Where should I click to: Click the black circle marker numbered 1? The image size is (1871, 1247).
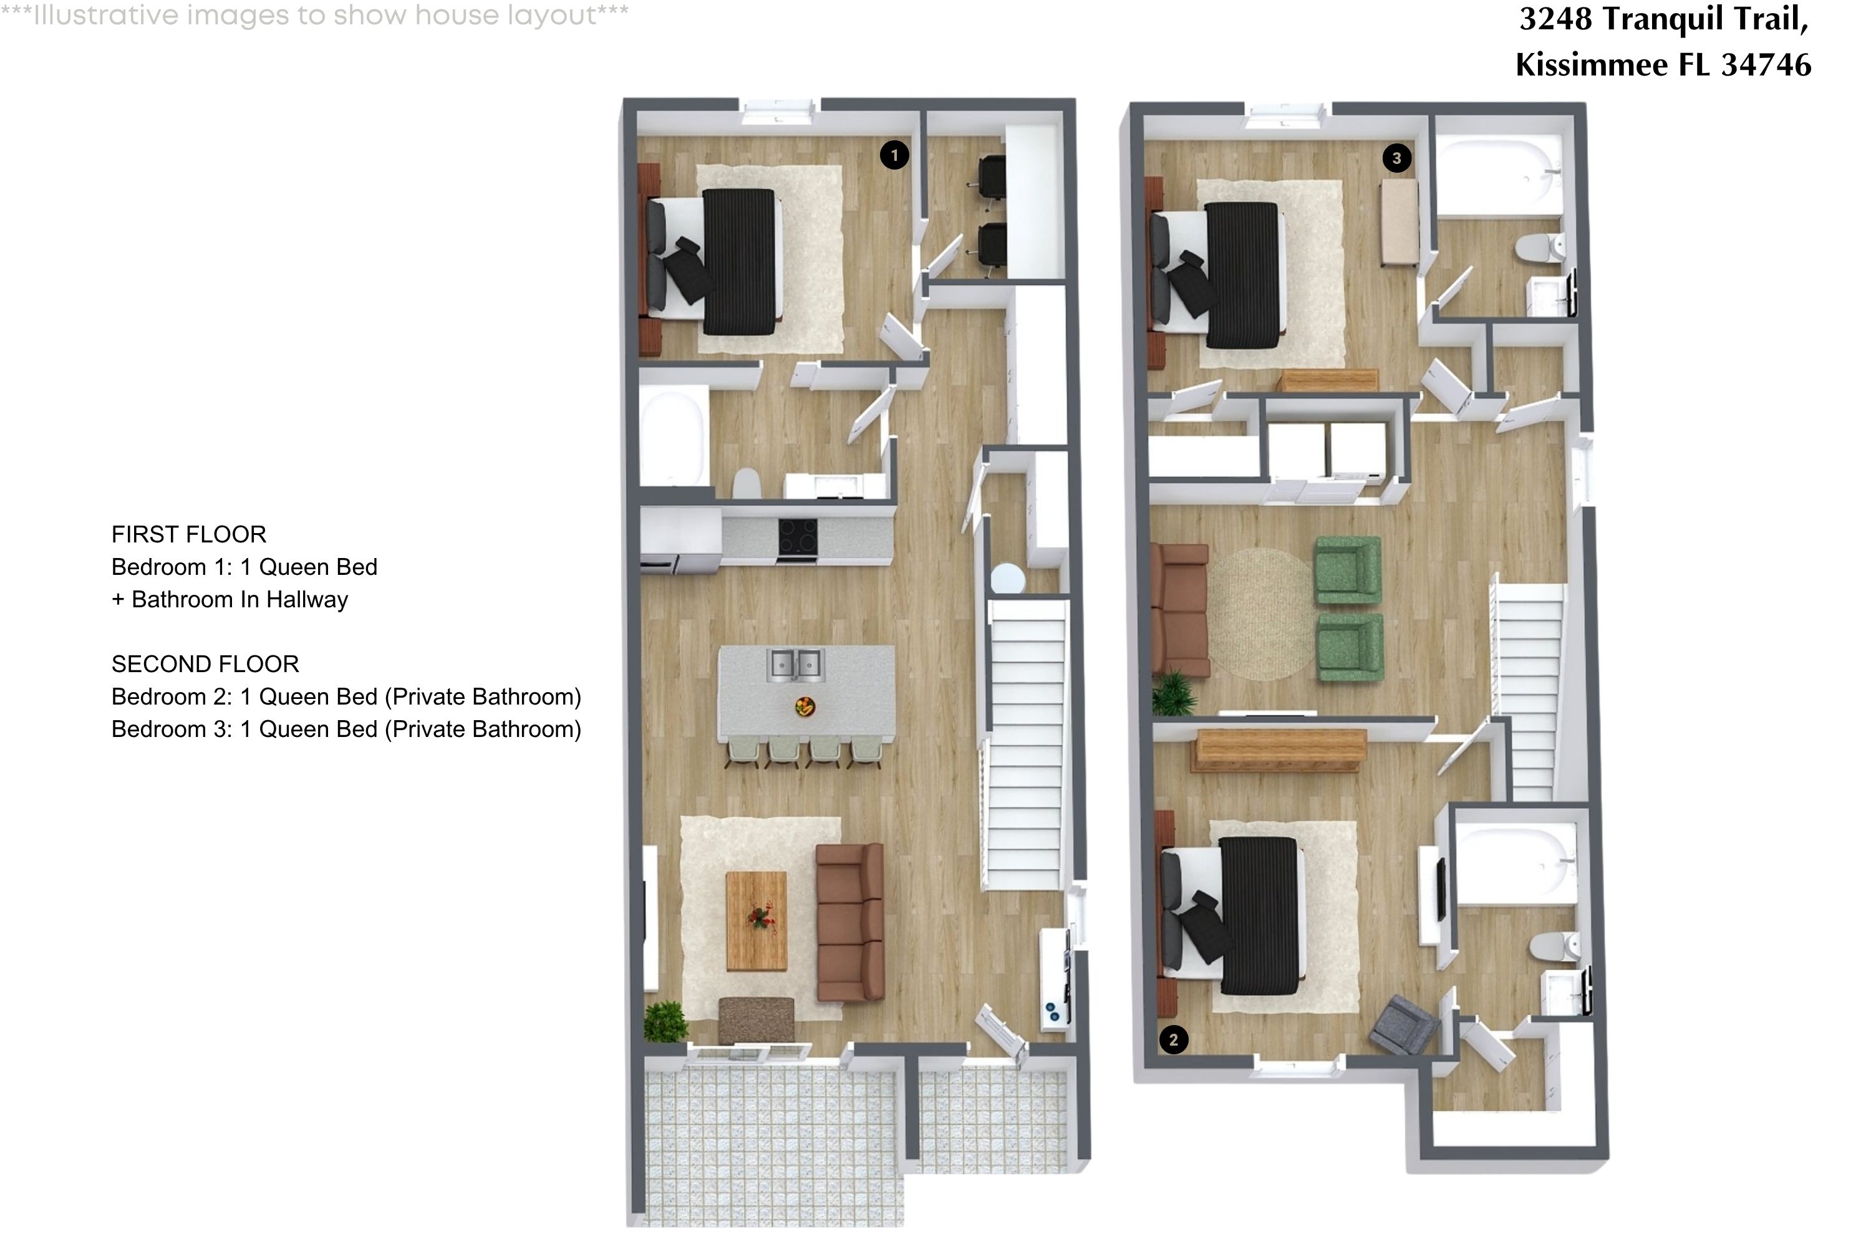click(x=894, y=155)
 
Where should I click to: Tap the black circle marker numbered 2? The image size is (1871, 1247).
click(x=1173, y=1039)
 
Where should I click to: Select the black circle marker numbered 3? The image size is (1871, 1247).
click(x=1396, y=158)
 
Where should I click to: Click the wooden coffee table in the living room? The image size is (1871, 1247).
click(x=757, y=921)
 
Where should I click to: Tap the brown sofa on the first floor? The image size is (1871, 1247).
click(x=849, y=923)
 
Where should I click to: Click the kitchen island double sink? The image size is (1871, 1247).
click(x=795, y=665)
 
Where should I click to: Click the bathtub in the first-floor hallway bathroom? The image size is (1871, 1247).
click(x=675, y=436)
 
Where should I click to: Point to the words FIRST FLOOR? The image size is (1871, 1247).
click(x=188, y=534)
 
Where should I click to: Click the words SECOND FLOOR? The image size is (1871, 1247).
click(x=205, y=664)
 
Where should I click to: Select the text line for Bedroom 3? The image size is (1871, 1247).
click(x=346, y=729)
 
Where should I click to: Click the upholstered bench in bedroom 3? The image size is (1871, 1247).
click(x=1400, y=222)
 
